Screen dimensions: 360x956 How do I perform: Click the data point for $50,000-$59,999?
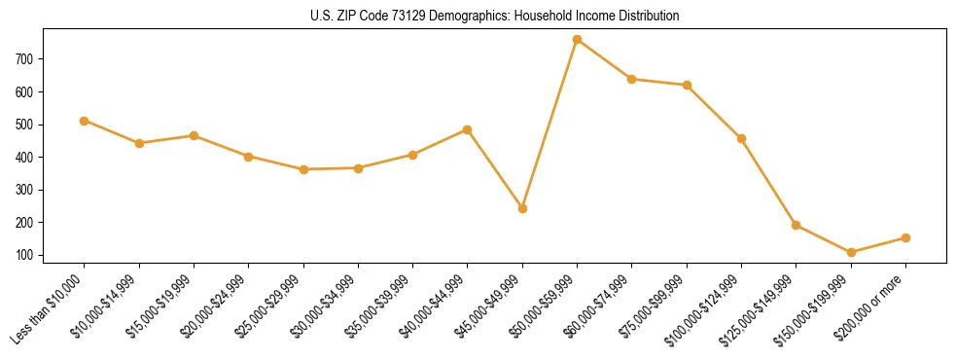578,40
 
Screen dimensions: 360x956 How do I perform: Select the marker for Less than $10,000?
85,121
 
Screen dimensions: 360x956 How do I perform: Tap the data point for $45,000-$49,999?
522,208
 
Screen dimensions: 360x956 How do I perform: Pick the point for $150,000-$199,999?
851,252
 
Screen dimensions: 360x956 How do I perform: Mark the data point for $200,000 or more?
905,237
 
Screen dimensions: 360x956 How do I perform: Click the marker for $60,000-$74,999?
632,79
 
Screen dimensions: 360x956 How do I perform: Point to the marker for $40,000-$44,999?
468,129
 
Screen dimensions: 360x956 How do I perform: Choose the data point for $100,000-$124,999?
742,138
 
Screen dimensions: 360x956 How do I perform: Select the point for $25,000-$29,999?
303,169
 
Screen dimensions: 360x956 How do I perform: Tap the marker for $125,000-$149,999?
797,225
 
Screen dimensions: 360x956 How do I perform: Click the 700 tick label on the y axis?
25,59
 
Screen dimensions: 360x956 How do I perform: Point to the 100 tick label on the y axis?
25,256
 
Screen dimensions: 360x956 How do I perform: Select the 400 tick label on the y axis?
25,158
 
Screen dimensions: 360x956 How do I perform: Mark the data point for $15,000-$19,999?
194,135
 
